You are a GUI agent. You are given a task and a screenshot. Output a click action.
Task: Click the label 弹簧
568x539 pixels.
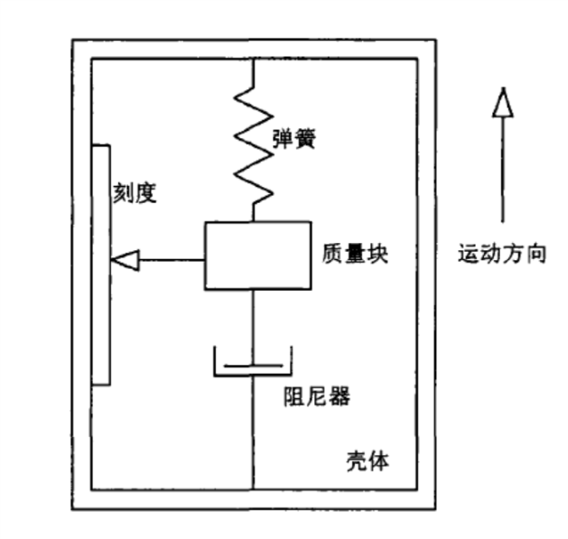coord(294,139)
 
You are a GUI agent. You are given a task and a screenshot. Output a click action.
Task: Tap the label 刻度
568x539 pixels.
coord(135,193)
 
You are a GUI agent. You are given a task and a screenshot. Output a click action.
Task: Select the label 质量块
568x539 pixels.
coord(355,254)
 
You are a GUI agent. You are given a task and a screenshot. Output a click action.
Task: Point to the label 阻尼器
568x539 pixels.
coord(317,396)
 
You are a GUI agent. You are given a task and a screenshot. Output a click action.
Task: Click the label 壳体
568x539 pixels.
coord(368,461)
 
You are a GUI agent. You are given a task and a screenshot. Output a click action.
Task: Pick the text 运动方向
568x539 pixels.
coord(502,253)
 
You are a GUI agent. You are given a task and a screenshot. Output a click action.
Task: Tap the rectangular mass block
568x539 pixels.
coord(258,256)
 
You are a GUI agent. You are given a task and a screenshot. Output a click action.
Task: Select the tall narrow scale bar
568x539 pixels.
coord(101,265)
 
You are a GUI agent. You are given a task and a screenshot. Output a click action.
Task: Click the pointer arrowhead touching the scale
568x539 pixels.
coord(126,260)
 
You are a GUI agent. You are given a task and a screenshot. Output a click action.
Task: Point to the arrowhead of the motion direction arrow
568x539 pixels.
coord(502,102)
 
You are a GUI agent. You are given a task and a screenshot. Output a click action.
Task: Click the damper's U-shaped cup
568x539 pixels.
coord(253,376)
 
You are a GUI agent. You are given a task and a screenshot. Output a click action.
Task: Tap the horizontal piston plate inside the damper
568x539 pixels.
coord(253,366)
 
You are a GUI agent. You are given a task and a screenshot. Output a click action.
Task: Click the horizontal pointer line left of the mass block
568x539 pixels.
coord(172,260)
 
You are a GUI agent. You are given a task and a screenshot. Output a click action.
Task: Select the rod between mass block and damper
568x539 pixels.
coord(253,328)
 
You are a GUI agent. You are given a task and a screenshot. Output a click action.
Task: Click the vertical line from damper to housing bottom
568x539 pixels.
coord(253,433)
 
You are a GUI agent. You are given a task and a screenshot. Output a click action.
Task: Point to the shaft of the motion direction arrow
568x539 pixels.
coord(502,169)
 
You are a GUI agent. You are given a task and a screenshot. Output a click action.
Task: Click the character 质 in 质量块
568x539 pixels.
coord(333,254)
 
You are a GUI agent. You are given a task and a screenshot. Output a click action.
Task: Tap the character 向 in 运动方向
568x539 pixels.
coord(535,253)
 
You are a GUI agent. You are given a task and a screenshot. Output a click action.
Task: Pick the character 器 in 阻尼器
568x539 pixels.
coord(339,396)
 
